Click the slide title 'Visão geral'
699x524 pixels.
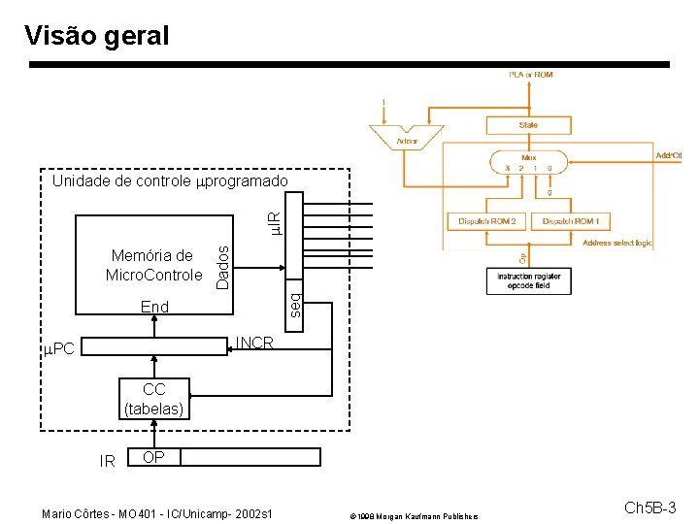click(x=96, y=36)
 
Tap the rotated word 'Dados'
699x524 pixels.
click(x=222, y=266)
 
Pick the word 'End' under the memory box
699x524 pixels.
click(x=154, y=307)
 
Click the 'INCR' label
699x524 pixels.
click(x=255, y=344)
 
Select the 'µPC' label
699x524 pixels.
click(x=59, y=347)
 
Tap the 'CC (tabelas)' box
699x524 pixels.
click(x=154, y=400)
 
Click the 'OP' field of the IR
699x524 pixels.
click(x=152, y=457)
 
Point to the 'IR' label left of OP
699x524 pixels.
click(x=108, y=461)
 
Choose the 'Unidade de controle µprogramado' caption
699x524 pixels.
click(x=170, y=180)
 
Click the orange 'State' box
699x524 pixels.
click(x=528, y=125)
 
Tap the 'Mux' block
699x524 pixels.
click(x=528, y=160)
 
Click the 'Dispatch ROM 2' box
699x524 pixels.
click(x=487, y=221)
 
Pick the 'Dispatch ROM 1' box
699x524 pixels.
click(x=570, y=221)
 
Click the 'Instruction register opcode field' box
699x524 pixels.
click(x=522, y=281)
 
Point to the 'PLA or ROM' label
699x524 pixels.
click(x=531, y=75)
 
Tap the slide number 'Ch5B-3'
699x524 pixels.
click(x=649, y=508)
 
